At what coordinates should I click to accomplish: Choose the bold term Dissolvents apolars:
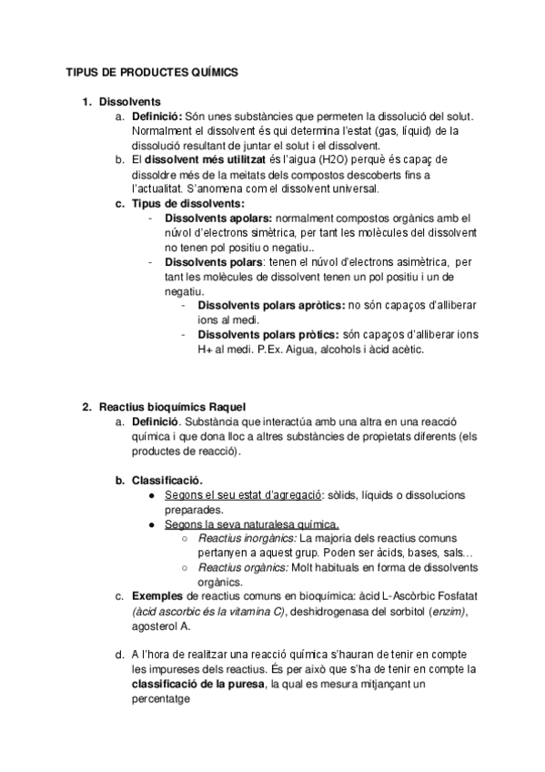pos(217,218)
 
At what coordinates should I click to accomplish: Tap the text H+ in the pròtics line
pos(207,349)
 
